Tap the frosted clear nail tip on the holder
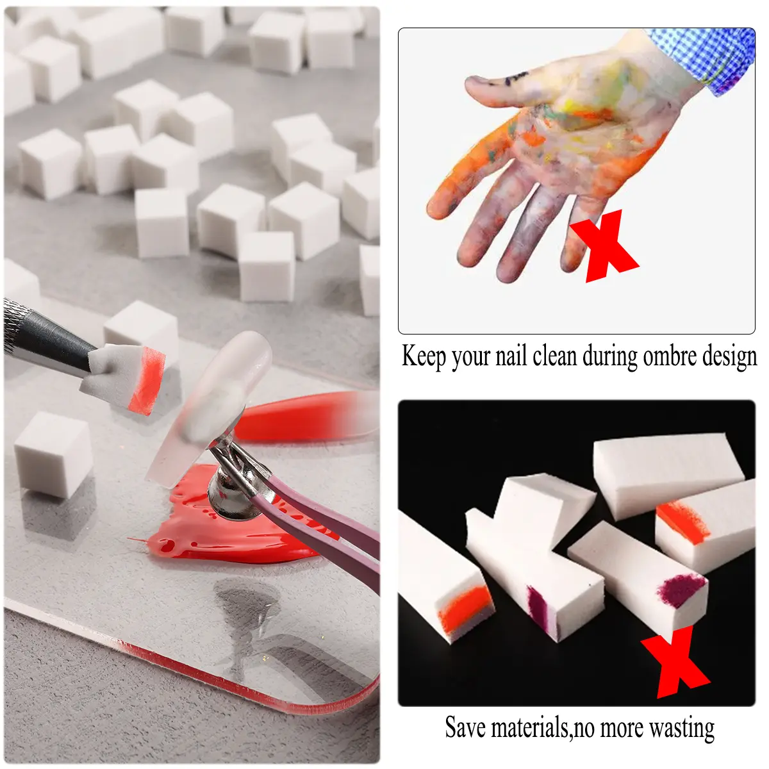pos(209,408)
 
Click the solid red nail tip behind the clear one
pos(303,417)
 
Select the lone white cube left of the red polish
pos(54,454)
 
